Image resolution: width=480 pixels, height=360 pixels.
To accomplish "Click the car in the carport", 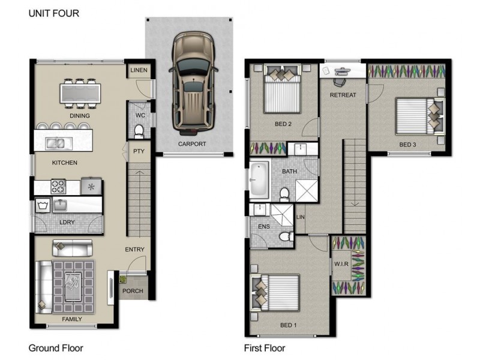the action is coord(193,83).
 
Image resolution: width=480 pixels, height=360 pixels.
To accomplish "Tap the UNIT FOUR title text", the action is coord(54,13).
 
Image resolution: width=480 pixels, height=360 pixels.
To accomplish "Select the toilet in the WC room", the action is coord(139,131).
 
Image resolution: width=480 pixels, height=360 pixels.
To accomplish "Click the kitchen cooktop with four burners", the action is coord(58,187).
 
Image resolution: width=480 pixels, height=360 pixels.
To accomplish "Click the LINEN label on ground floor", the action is coord(139,70).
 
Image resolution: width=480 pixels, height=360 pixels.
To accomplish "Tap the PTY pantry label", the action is coord(139,151).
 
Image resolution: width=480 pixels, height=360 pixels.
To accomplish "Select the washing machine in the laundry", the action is coord(43,205).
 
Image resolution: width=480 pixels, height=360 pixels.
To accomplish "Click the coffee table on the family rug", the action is coord(73,286).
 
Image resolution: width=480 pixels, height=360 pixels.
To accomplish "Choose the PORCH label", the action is coord(133,291).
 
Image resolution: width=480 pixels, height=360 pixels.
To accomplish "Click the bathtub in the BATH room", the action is coord(259,180).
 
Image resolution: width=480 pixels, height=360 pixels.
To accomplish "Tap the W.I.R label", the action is coord(341,264).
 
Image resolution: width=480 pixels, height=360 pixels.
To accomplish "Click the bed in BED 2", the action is coord(282,89).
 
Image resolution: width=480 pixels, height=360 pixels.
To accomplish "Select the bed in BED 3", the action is coord(419,116).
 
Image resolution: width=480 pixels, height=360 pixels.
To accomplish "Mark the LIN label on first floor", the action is coord(301,217).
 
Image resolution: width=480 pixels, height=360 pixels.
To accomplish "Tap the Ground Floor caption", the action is coord(56,349).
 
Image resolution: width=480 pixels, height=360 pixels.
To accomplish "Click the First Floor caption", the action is coord(265,349).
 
